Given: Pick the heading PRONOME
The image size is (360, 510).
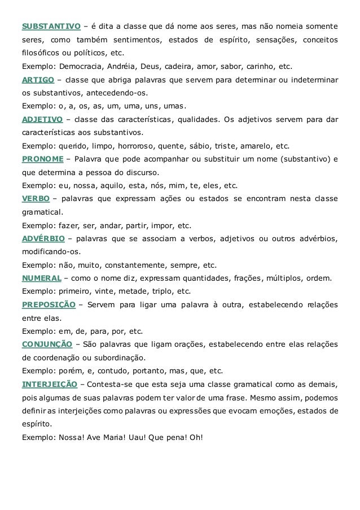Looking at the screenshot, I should click(x=42, y=159).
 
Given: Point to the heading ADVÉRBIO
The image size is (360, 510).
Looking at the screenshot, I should click(x=42, y=238).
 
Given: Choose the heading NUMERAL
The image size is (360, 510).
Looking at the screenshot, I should click(x=41, y=278).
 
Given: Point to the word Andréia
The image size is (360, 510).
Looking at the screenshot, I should click(x=118, y=66).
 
